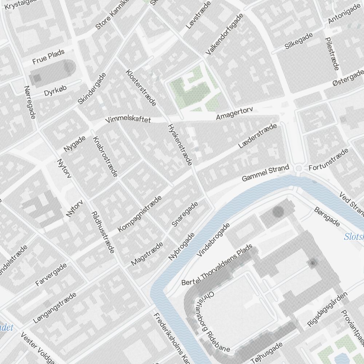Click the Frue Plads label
[48, 57]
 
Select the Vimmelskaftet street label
[128, 120]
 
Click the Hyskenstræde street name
[179, 145]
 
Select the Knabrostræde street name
[105, 157]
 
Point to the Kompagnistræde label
[140, 214]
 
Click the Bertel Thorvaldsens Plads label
[217, 267]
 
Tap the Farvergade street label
[51, 274]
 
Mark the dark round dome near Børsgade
[278, 211]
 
